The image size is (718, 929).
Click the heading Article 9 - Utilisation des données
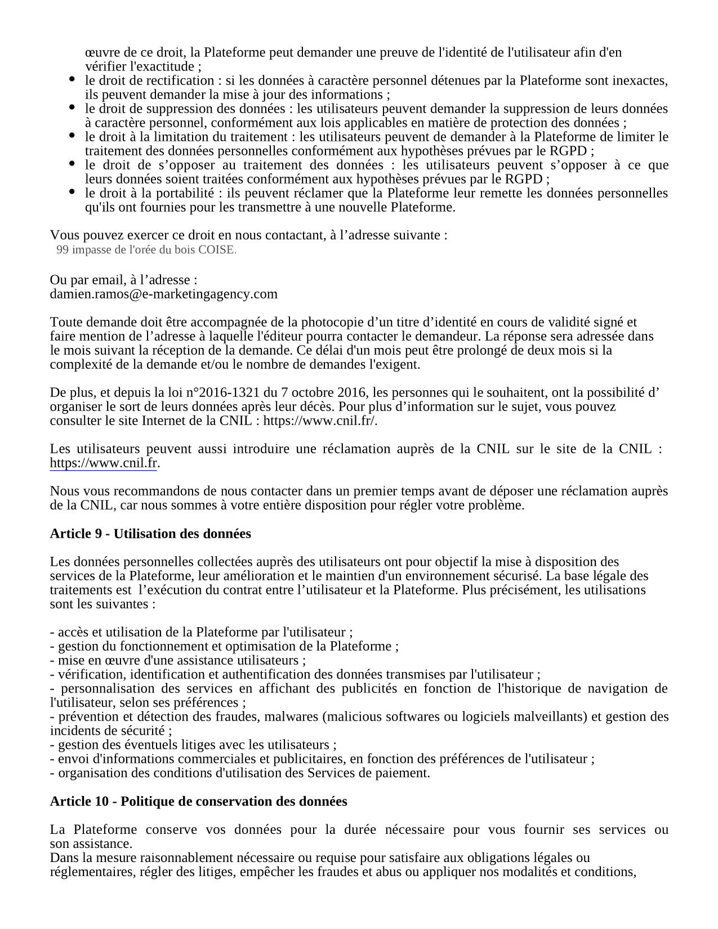(150, 534)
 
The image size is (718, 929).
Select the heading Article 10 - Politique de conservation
(198, 801)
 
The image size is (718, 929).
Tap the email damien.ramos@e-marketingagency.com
(163, 294)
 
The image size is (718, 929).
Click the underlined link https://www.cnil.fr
(103, 463)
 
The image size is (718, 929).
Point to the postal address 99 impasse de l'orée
(146, 250)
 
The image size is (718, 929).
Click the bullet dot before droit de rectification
(72, 79)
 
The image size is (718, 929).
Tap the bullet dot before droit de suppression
(72, 108)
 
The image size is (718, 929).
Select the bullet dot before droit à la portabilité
(72, 192)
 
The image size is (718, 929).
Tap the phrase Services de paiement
(368, 773)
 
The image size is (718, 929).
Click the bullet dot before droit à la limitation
(72, 136)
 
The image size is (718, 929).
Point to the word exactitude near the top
(162, 66)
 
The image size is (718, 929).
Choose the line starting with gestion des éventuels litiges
(193, 745)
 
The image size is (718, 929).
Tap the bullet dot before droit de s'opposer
(72, 164)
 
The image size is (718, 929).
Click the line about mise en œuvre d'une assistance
(178, 660)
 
